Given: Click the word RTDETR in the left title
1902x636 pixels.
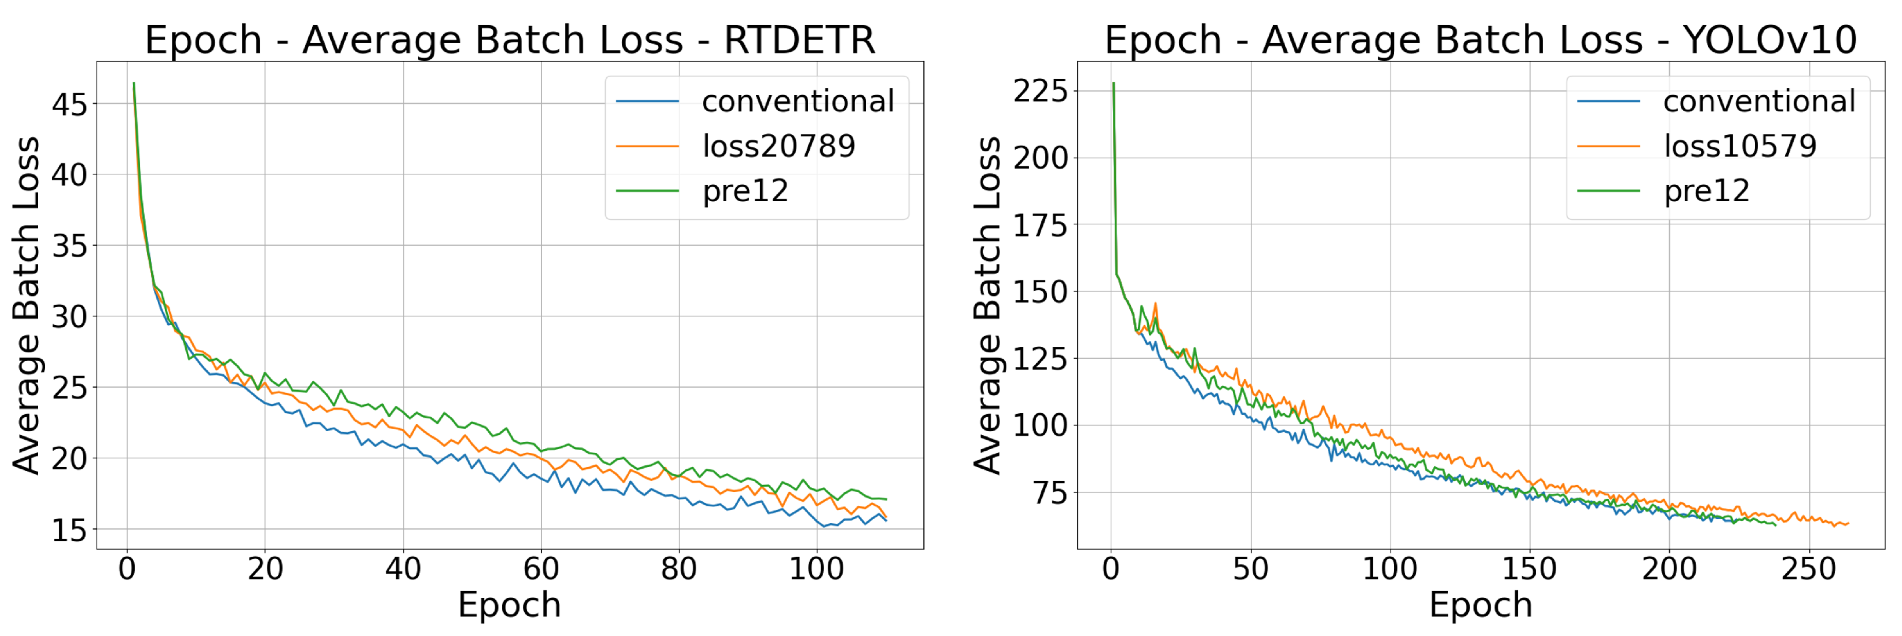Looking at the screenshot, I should [x=799, y=40].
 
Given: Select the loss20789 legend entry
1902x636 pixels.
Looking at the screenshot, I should [x=778, y=146].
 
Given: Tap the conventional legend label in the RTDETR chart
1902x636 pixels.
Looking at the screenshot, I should [x=797, y=101].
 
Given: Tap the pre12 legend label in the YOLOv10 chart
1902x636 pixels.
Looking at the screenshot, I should [x=1707, y=191].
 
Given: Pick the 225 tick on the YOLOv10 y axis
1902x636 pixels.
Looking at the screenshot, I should [x=1040, y=92].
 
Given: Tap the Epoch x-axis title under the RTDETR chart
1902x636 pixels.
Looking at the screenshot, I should [x=509, y=605].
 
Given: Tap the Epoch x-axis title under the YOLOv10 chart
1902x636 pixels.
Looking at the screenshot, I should [x=1481, y=605].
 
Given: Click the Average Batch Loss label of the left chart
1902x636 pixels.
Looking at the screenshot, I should [x=27, y=305].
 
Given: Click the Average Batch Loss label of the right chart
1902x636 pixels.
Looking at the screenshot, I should [x=987, y=305].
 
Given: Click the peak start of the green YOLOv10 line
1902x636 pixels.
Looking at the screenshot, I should [x=1113, y=83].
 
